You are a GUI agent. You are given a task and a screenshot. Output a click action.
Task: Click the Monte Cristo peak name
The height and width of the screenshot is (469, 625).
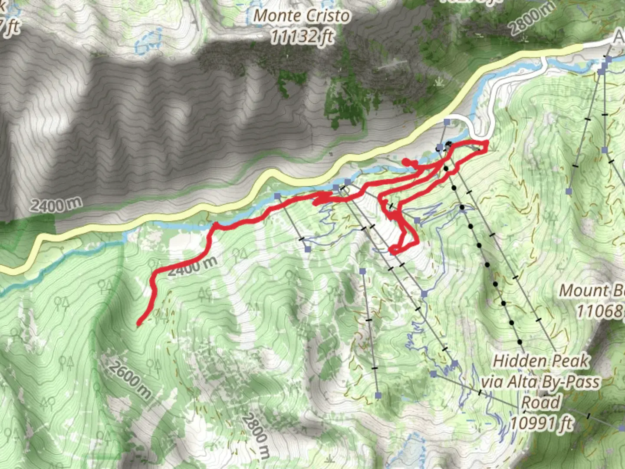[302, 16]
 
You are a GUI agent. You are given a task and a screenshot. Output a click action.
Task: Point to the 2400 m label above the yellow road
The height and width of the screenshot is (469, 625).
[56, 204]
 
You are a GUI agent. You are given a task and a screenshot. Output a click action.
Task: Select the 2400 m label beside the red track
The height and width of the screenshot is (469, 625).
[192, 265]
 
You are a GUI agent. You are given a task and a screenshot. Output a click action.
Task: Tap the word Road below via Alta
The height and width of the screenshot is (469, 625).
[540, 403]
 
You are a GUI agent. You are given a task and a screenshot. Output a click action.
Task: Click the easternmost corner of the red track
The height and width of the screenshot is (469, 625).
[487, 142]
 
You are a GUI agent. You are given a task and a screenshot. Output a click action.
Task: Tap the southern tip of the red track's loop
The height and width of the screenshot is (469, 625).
[391, 251]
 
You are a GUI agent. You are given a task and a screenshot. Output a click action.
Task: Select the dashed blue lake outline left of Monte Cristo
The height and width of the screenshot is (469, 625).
[149, 41]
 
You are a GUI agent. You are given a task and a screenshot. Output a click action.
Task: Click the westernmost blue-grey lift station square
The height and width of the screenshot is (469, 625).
[277, 196]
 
